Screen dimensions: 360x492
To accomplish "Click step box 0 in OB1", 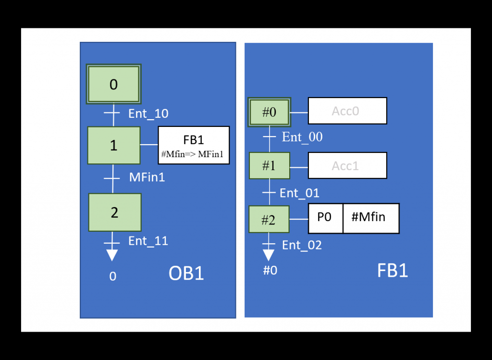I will click(113, 84).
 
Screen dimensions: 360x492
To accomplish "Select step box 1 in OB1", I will click(113, 145).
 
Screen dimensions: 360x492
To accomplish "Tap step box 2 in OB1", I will click(114, 212).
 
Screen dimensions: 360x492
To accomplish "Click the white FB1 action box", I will click(194, 145).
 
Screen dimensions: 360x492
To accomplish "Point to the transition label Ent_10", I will click(148, 114).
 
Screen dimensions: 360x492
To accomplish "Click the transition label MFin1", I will click(147, 177).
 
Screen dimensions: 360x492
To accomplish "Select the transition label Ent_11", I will click(148, 241).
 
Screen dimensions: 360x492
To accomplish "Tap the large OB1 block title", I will click(186, 273).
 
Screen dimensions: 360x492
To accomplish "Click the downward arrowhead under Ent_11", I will click(112, 255).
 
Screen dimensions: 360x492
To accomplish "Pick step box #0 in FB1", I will click(269, 112).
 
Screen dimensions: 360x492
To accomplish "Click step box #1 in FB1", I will click(269, 166).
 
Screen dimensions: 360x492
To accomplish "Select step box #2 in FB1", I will click(269, 220).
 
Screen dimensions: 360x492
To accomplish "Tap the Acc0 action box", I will click(347, 111).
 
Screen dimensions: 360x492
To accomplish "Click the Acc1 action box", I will click(347, 166).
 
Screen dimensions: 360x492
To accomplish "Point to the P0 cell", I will click(325, 218).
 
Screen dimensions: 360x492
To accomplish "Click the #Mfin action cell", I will click(370, 218).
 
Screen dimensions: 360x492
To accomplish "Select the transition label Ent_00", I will click(302, 137).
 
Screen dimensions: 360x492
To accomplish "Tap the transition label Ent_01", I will click(299, 193).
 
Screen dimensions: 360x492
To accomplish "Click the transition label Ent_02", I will click(302, 245).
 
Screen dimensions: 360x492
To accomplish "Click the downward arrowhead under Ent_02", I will click(269, 255).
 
